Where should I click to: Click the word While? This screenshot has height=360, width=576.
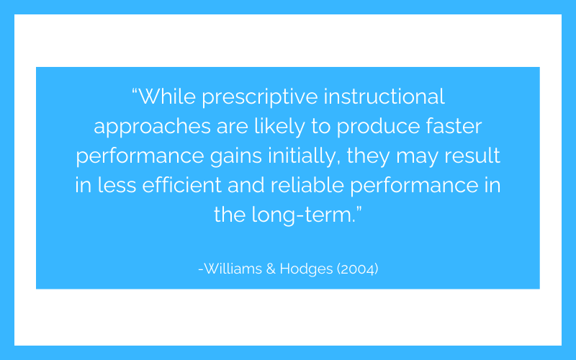[167, 96]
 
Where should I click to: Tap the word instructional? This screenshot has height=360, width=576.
[384, 96]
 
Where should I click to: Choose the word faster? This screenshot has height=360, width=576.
[454, 125]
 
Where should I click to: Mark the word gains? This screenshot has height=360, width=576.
[236, 156]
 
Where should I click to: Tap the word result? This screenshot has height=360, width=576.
[472, 155]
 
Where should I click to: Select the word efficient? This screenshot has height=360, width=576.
[182, 184]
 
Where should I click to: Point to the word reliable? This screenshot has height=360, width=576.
[307, 184]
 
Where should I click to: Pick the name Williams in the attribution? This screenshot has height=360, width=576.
[233, 269]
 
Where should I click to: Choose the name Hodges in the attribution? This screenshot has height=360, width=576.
[307, 269]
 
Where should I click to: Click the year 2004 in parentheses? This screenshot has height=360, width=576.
[358, 269]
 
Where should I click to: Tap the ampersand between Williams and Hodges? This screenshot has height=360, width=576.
[271, 269]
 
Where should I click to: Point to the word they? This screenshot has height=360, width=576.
[368, 156]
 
